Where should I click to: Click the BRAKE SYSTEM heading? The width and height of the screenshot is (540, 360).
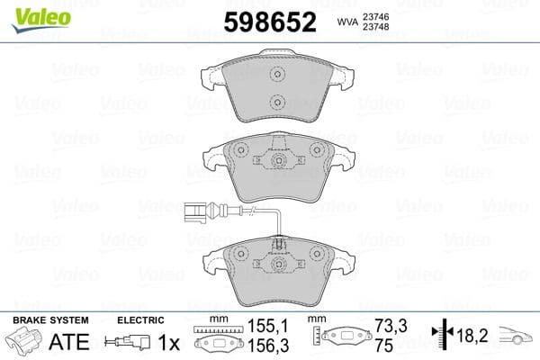[x=49, y=320]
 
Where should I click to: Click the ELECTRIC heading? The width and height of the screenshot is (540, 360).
[x=139, y=320]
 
